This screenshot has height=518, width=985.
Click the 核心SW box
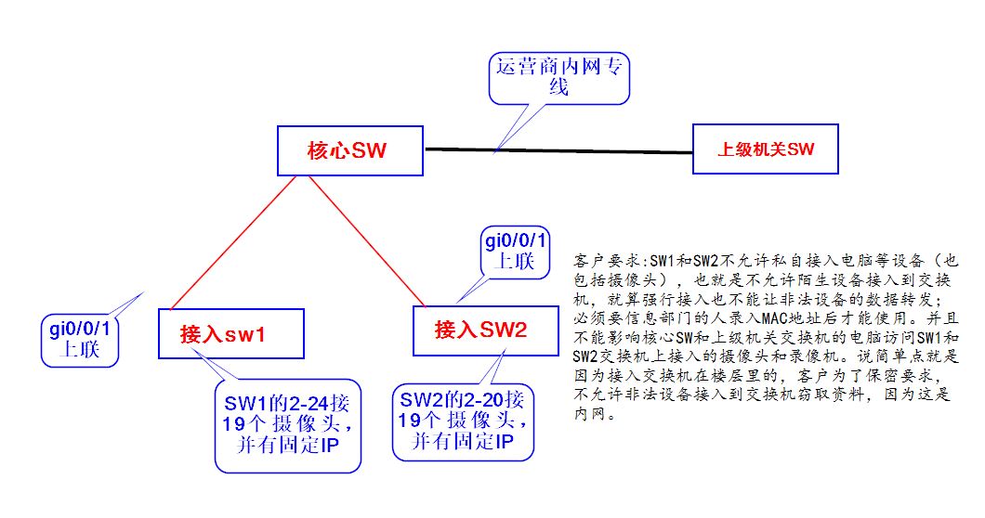point(350,150)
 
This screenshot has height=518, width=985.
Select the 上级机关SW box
point(765,149)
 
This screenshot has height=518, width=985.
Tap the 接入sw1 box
point(231,333)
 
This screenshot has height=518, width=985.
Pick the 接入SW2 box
point(486,330)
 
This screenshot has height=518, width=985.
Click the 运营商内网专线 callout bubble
point(558,78)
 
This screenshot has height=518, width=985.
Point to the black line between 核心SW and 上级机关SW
point(559,150)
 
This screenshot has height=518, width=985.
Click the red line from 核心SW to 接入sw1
point(233,242)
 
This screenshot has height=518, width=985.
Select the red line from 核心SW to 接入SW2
point(367,241)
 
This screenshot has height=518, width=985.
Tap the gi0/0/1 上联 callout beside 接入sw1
point(80,339)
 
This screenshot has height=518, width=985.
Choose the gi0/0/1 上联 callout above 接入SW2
point(516,253)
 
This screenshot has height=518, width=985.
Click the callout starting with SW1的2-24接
point(288,425)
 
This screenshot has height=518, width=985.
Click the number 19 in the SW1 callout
point(233,424)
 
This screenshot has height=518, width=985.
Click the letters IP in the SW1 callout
point(329,446)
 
